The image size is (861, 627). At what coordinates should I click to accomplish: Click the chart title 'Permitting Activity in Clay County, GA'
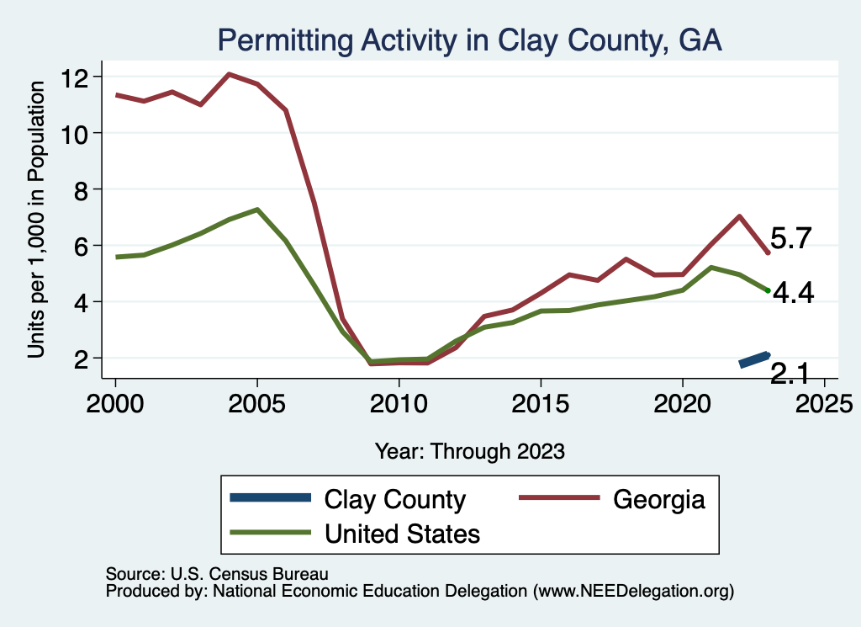pyautogui.click(x=470, y=40)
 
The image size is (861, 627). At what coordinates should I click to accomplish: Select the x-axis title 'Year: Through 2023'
pyautogui.click(x=470, y=451)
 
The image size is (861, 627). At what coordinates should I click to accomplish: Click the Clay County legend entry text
pyautogui.click(x=395, y=500)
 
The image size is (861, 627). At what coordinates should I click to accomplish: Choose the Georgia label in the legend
pyautogui.click(x=658, y=500)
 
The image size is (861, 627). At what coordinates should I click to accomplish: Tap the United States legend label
pyautogui.click(x=402, y=533)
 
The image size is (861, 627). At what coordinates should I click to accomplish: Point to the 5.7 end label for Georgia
pyautogui.click(x=790, y=239)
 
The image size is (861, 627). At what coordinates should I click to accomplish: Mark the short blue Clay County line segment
pyautogui.click(x=753, y=359)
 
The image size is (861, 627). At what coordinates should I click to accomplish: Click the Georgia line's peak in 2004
pyautogui.click(x=229, y=74)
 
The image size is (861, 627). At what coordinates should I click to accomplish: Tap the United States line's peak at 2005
pyautogui.click(x=257, y=210)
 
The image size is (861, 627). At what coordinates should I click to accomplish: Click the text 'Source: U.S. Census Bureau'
pyautogui.click(x=216, y=573)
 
